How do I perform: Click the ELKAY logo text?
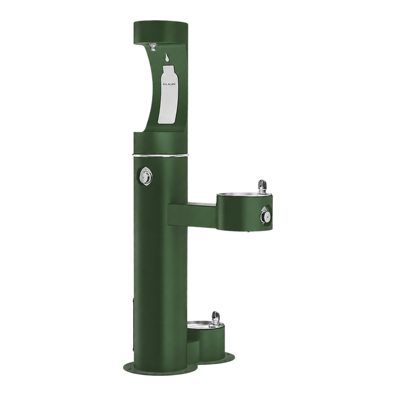167,84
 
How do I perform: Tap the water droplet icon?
166,58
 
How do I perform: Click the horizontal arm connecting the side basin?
192,214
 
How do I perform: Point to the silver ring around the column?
160,155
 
